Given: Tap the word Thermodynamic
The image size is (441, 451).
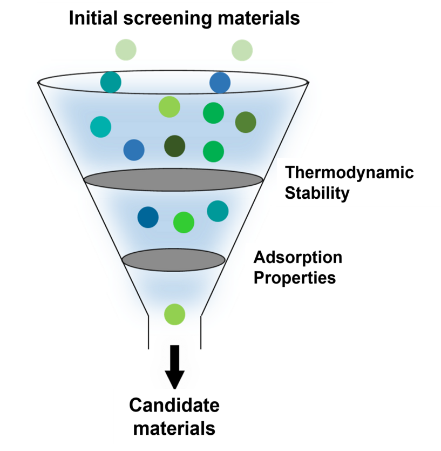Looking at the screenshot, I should (x=349, y=173).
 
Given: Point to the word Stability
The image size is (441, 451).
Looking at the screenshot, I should (x=317, y=193).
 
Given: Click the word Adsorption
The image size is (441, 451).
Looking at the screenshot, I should (x=298, y=257).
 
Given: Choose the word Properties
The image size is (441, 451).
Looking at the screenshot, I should (x=295, y=278).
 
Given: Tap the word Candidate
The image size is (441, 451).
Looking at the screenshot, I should (x=174, y=405).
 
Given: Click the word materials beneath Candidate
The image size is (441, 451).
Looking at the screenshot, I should (x=174, y=428).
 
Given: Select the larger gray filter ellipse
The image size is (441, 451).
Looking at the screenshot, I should (x=173, y=179).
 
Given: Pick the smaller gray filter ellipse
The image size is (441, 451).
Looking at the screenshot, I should (x=173, y=260).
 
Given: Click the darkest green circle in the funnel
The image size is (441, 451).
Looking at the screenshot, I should (x=174, y=145).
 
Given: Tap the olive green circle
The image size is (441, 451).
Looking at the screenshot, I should (x=246, y=122).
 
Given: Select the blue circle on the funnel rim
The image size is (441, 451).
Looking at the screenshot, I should (x=220, y=83).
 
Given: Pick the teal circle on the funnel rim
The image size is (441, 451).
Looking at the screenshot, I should (x=111, y=82).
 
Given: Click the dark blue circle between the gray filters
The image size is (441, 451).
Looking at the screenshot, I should (x=148, y=217).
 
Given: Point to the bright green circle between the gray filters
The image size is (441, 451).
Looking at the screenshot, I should (x=184, y=222).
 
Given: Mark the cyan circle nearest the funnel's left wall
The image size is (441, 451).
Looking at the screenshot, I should (x=100, y=127).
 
